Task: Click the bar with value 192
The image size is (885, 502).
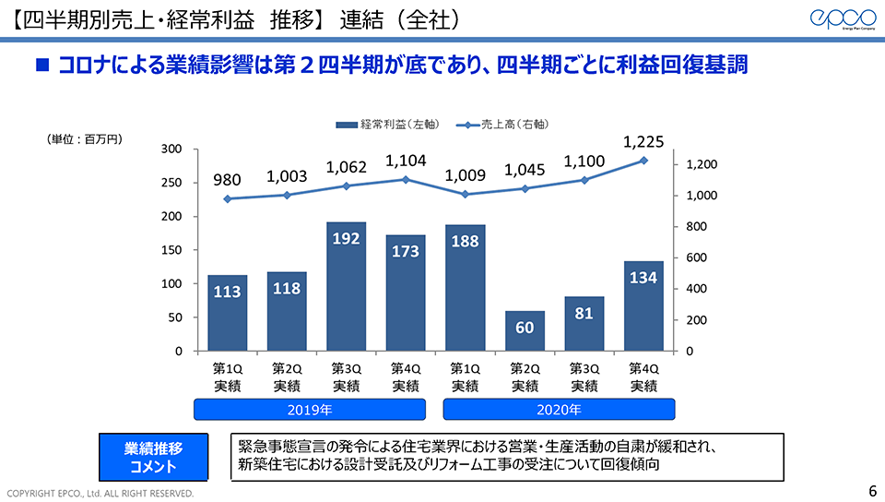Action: point(346,286)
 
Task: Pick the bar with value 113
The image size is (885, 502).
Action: point(227,313)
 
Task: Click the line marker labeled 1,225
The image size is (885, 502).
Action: point(643,161)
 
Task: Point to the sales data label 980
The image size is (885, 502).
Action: point(227,181)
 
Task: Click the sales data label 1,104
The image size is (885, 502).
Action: point(406,161)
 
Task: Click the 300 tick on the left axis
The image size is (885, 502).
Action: point(171,149)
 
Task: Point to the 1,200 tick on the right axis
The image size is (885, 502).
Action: point(702,164)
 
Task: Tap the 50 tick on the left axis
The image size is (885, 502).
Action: point(175,317)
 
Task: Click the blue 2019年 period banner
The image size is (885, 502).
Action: point(309,410)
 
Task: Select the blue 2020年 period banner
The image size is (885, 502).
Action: point(560,410)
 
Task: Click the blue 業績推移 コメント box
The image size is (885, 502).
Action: point(154,457)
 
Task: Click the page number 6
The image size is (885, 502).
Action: point(873,490)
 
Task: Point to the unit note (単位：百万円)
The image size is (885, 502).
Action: point(84,139)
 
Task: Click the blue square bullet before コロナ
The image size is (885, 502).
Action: point(41,66)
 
